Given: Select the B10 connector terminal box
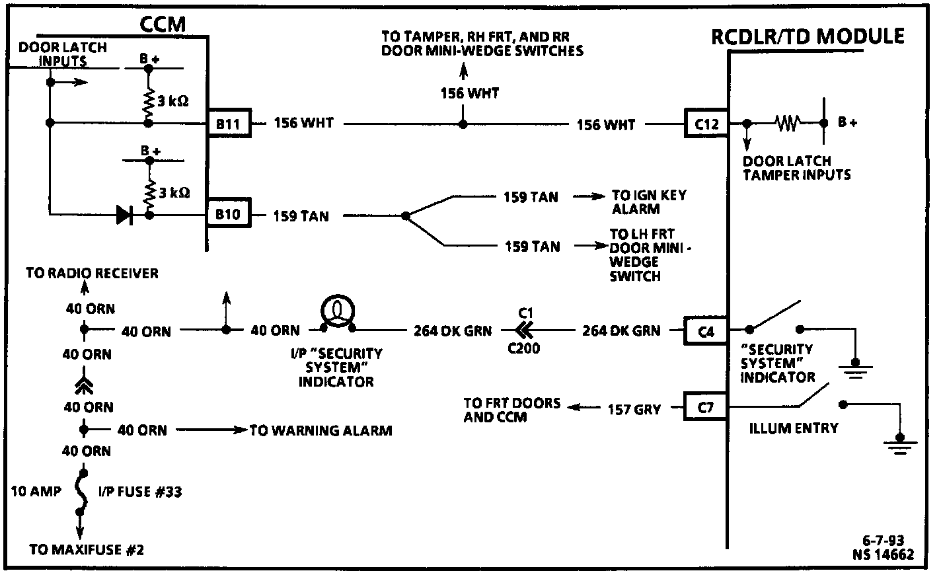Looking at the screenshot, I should (x=228, y=215).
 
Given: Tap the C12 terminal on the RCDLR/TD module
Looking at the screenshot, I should (x=706, y=124).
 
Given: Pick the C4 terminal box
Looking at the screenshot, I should (x=706, y=330).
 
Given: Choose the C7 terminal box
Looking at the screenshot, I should (x=706, y=408).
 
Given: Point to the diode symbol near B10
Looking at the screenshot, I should (x=124, y=214).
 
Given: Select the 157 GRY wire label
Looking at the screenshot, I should (x=634, y=409).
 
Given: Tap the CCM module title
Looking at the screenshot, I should (x=163, y=24).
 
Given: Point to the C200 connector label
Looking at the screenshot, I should (x=523, y=348).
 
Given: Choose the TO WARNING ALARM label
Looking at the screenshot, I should (x=320, y=431).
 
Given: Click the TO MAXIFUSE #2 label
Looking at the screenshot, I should (x=87, y=549).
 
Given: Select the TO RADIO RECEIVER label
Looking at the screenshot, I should (x=92, y=273).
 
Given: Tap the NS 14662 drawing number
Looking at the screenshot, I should (x=883, y=554).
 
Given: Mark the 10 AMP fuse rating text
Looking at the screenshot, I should (x=36, y=491).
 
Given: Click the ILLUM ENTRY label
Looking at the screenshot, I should (x=793, y=428).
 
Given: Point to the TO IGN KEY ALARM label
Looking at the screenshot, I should (x=648, y=202).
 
